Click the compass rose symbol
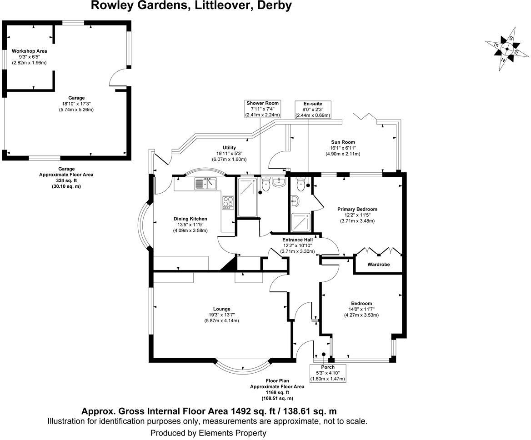507,49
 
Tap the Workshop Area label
30,51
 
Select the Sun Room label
343,142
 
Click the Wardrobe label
379,265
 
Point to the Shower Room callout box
262,109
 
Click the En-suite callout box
313,110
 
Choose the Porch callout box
328,373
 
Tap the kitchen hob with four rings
228,203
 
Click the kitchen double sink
205,184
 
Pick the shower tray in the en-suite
300,222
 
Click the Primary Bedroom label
357,209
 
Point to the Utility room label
229,148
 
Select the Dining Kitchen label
190,219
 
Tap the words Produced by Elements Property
208,433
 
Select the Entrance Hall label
298,240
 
